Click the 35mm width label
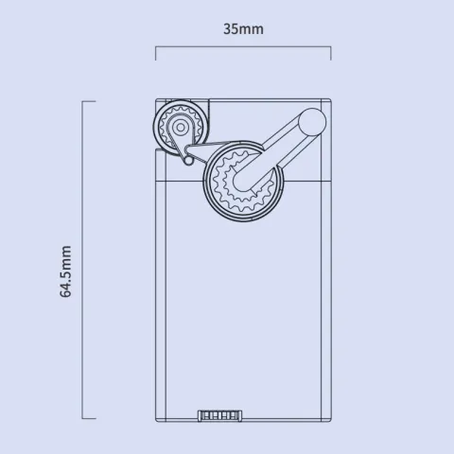(243, 29)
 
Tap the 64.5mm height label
(65, 271)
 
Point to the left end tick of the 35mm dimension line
(156, 53)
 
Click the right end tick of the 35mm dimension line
(331, 53)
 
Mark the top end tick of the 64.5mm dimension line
(89, 101)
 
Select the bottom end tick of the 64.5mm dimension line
(89, 419)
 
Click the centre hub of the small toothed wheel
(181, 128)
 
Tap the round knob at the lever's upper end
(312, 122)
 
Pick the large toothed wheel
(243, 181)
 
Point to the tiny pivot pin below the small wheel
(188, 161)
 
